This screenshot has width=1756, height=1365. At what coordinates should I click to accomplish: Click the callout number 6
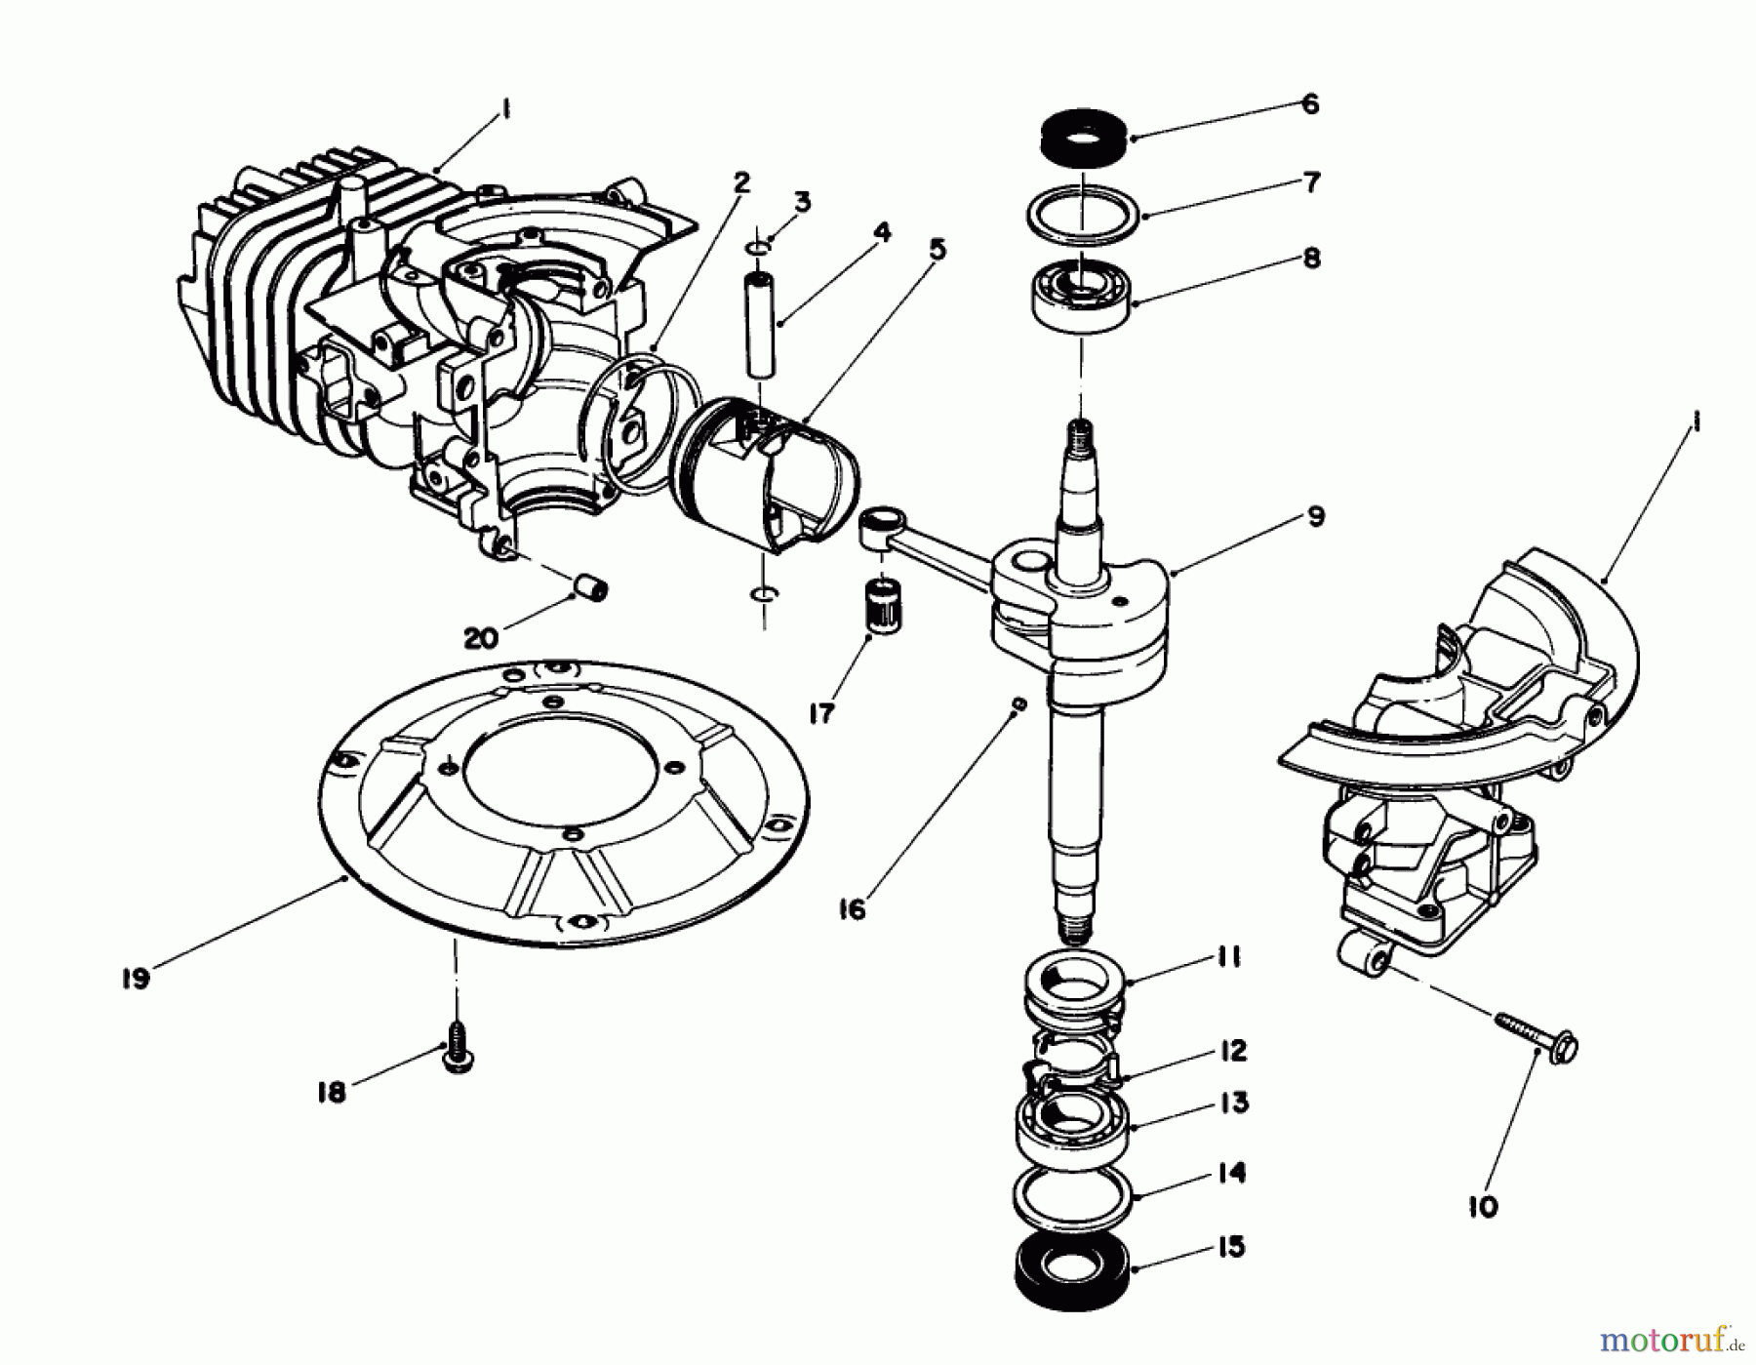click(x=1310, y=104)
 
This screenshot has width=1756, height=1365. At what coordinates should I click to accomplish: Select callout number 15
click(x=1232, y=1247)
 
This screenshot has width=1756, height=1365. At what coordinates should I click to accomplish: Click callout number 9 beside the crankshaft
click(x=1315, y=516)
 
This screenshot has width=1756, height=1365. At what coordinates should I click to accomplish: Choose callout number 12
click(x=1234, y=1052)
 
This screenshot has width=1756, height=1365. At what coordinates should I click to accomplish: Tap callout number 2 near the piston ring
click(x=742, y=181)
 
